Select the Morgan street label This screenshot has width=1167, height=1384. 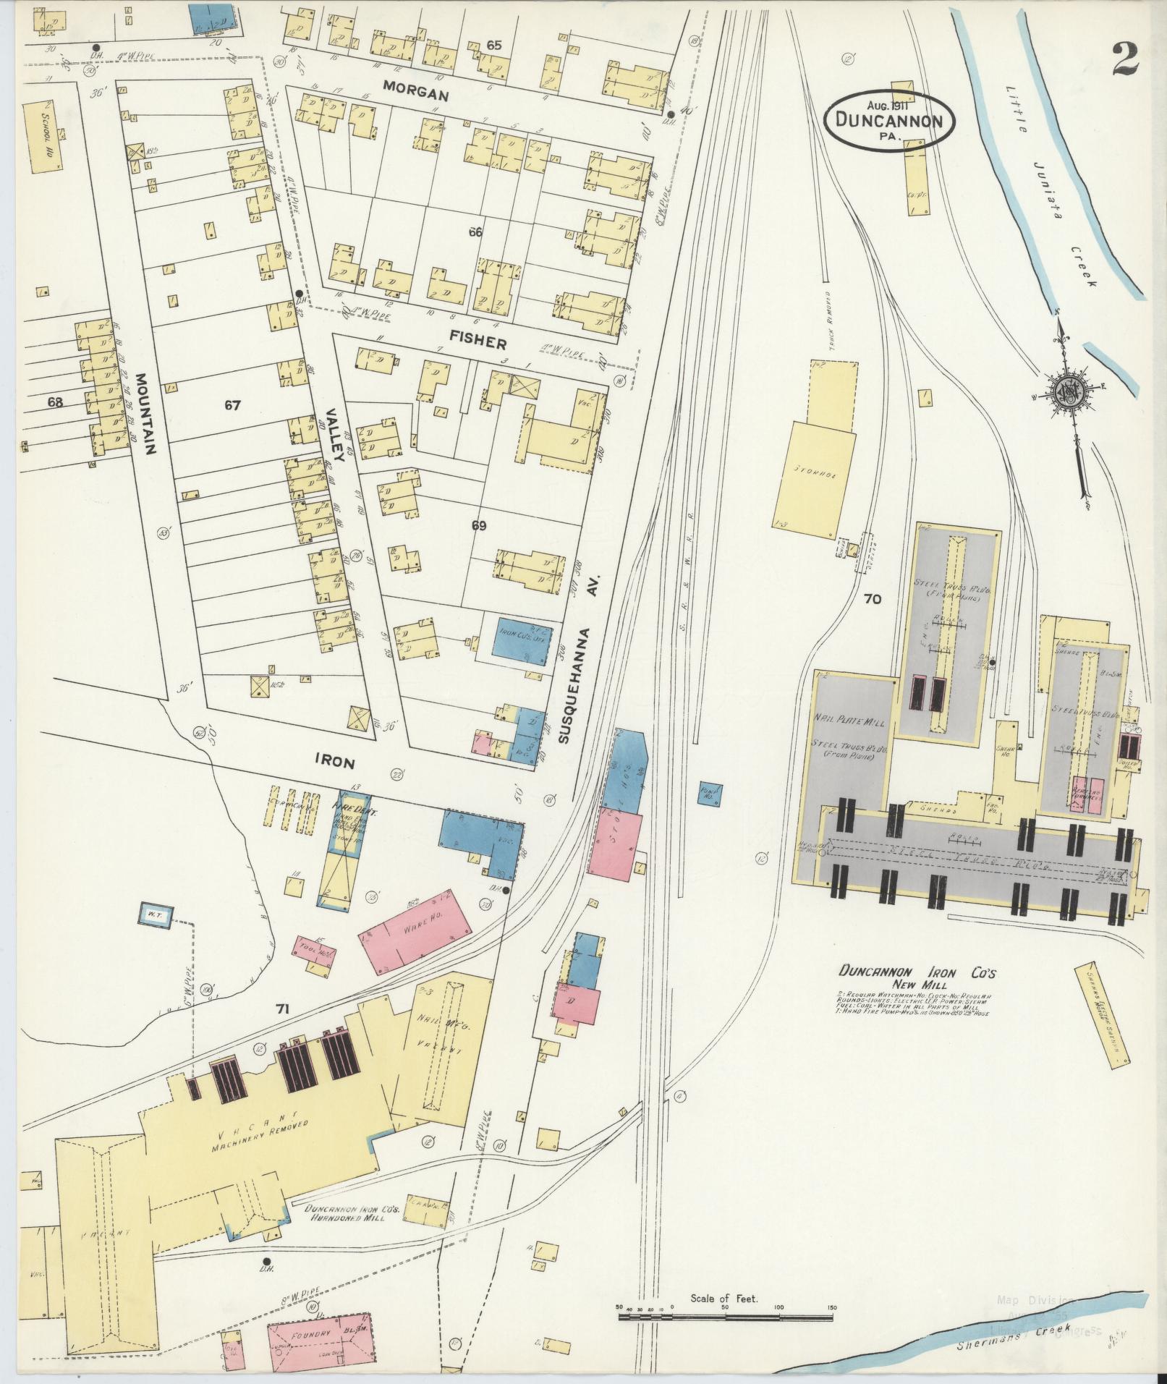point(416,95)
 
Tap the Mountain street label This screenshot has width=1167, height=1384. point(145,414)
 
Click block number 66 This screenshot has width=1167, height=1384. point(475,232)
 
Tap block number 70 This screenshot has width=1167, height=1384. point(873,598)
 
